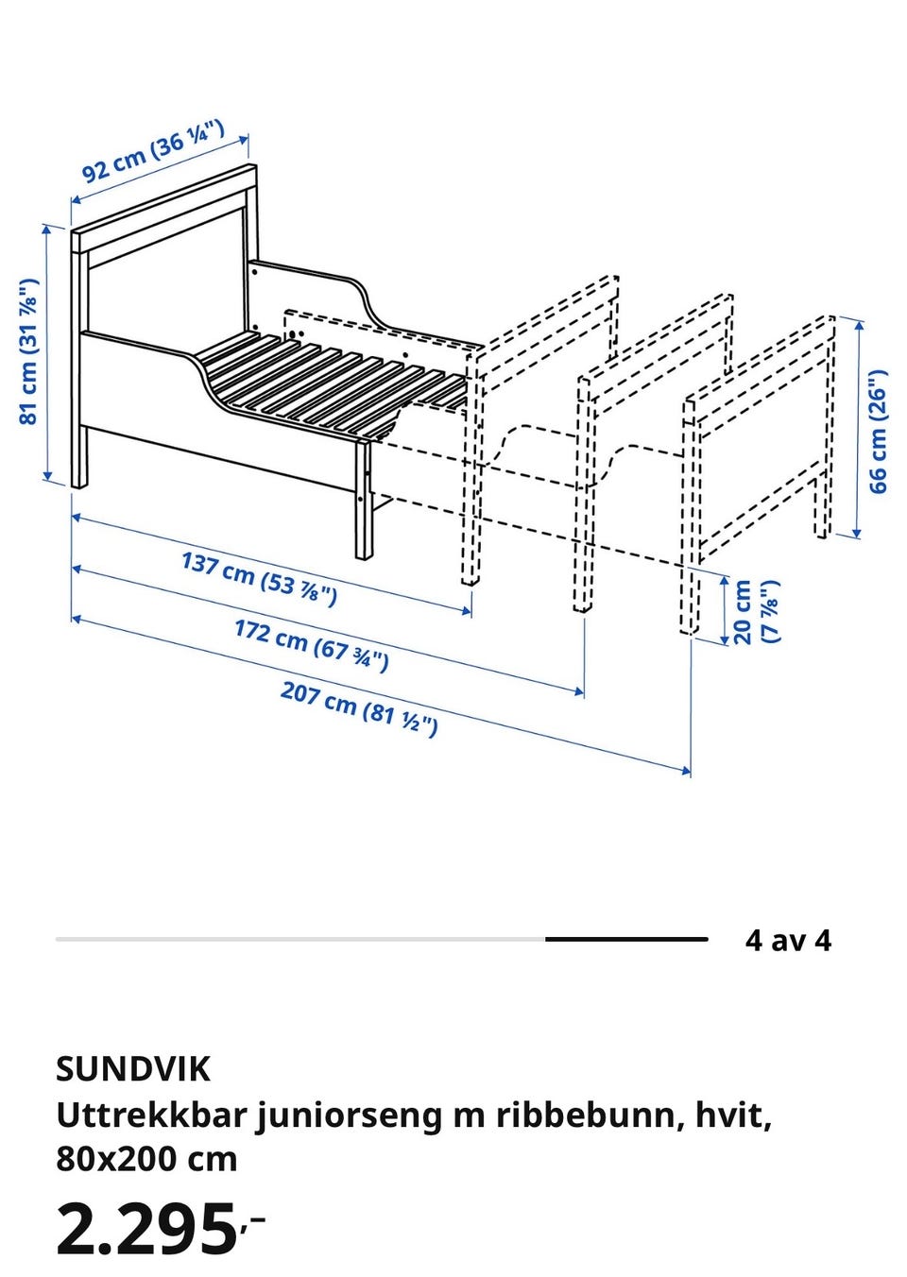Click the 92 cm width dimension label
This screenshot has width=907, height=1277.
tap(153, 151)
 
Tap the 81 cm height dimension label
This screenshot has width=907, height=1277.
tap(28, 351)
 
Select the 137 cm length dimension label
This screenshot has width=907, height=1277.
tap(260, 579)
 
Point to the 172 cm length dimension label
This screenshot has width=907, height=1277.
tap(312, 646)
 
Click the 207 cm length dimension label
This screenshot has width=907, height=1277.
tap(359, 708)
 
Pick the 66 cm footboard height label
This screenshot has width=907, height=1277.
tap(878, 432)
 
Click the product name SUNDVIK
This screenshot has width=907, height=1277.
tap(133, 1069)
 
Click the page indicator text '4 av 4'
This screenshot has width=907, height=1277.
tap(788, 940)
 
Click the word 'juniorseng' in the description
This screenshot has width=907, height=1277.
tap(349, 1116)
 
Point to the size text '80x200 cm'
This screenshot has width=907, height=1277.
tap(146, 1159)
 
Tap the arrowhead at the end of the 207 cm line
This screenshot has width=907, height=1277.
tap(686, 772)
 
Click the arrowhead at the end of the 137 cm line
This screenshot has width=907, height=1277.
tap(467, 611)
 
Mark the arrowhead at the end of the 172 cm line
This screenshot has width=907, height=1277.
tap(579, 692)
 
